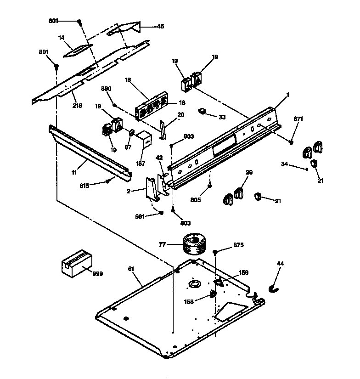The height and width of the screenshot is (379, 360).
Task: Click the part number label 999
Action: click(x=97, y=274)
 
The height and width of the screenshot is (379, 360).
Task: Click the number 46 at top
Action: click(x=160, y=26)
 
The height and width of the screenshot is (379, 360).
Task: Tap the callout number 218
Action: click(x=77, y=105)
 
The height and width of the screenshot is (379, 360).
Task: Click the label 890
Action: click(x=107, y=88)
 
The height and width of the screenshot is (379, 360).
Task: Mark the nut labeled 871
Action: click(x=292, y=141)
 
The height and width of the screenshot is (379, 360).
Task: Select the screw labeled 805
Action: click(x=210, y=185)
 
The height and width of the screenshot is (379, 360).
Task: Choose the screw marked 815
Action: click(x=108, y=181)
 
